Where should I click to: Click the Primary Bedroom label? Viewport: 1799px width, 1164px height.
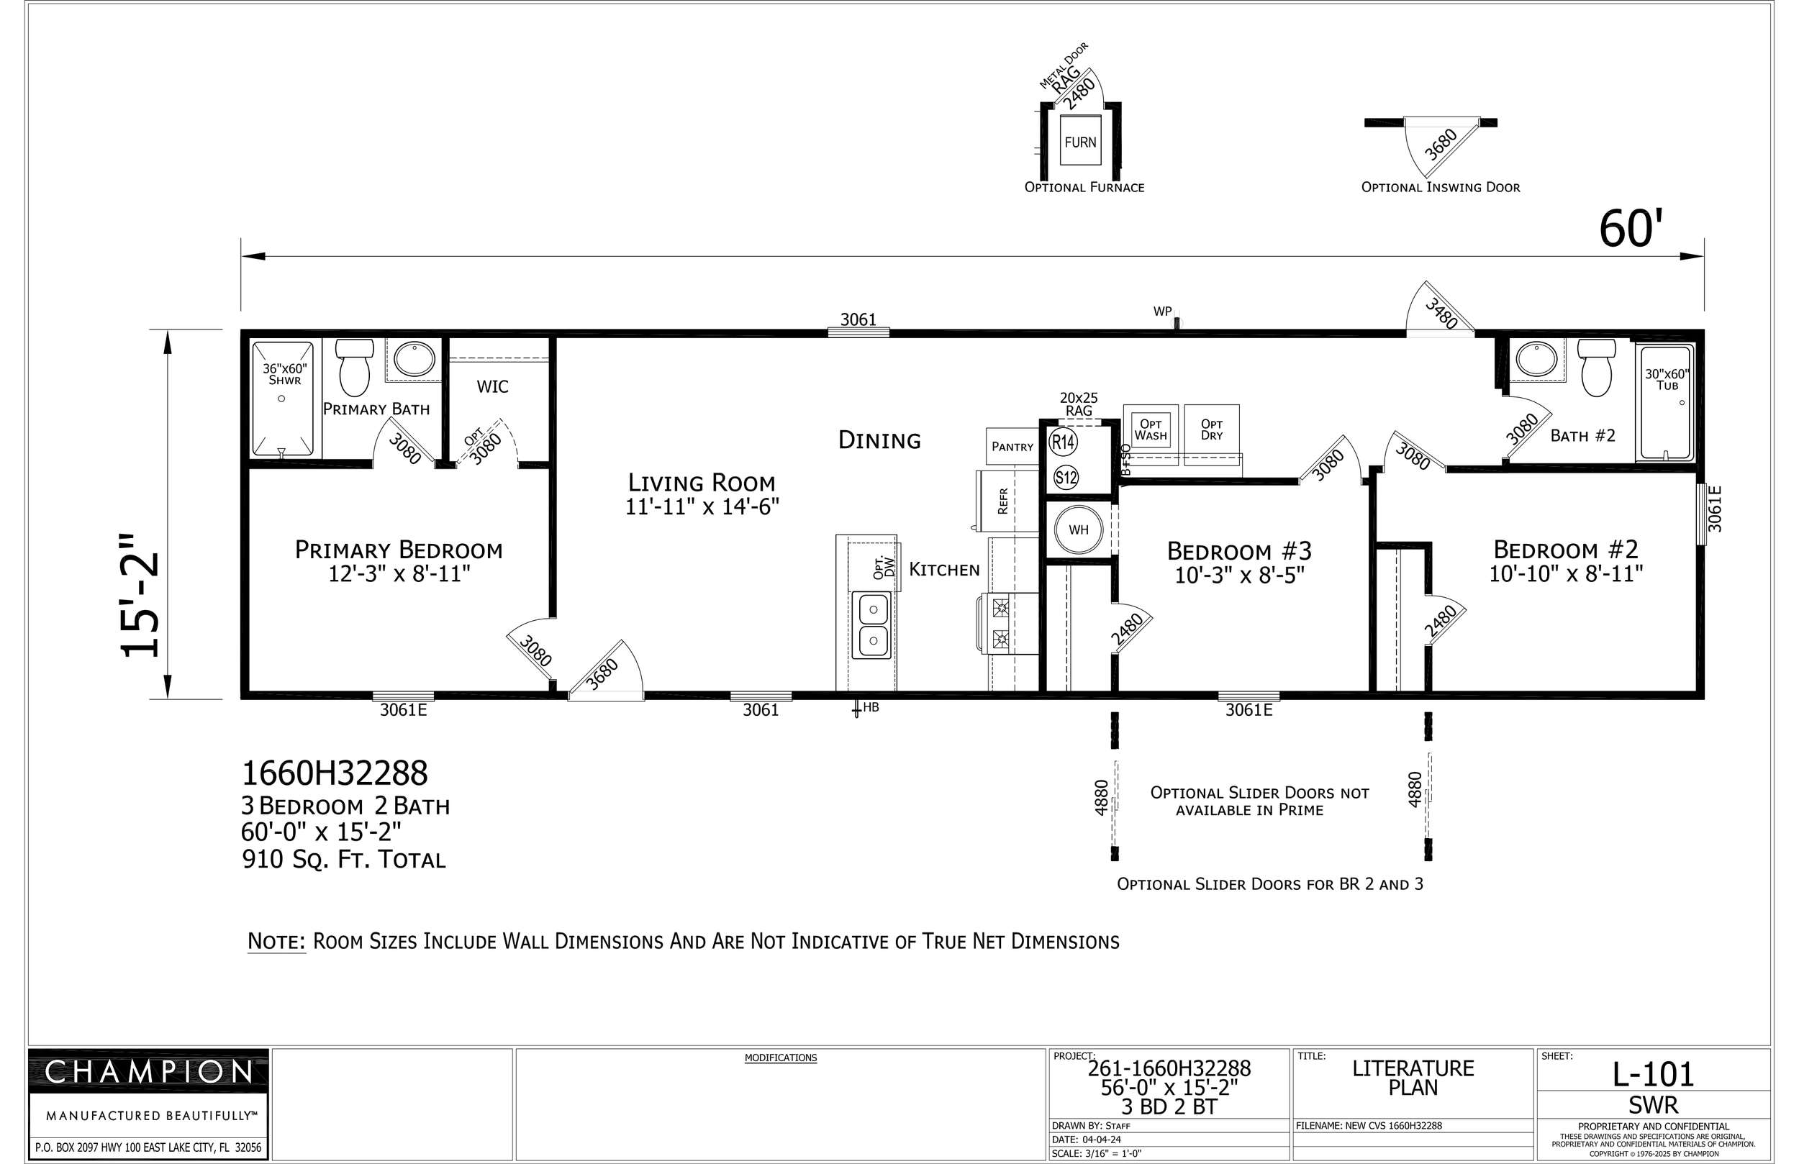(399, 550)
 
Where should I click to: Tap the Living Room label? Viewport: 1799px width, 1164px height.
(702, 482)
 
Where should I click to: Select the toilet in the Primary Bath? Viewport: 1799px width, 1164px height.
(355, 368)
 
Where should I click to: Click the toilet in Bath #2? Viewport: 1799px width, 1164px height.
(1596, 368)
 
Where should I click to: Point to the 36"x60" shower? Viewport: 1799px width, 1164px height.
(283, 400)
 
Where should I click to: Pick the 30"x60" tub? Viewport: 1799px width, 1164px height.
(1666, 402)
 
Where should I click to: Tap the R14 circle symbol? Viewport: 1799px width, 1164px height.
(1064, 442)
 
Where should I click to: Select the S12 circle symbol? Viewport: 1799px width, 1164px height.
(1066, 478)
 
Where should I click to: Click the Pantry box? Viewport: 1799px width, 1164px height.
(1012, 446)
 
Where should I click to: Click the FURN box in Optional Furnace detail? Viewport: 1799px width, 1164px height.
(1080, 140)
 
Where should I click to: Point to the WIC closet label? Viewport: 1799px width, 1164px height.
(493, 387)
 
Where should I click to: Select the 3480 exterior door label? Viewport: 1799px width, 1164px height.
(1441, 314)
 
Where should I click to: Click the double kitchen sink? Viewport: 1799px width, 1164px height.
(872, 625)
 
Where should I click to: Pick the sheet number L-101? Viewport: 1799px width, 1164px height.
(1654, 1073)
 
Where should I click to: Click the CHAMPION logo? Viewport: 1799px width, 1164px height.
(149, 1072)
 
